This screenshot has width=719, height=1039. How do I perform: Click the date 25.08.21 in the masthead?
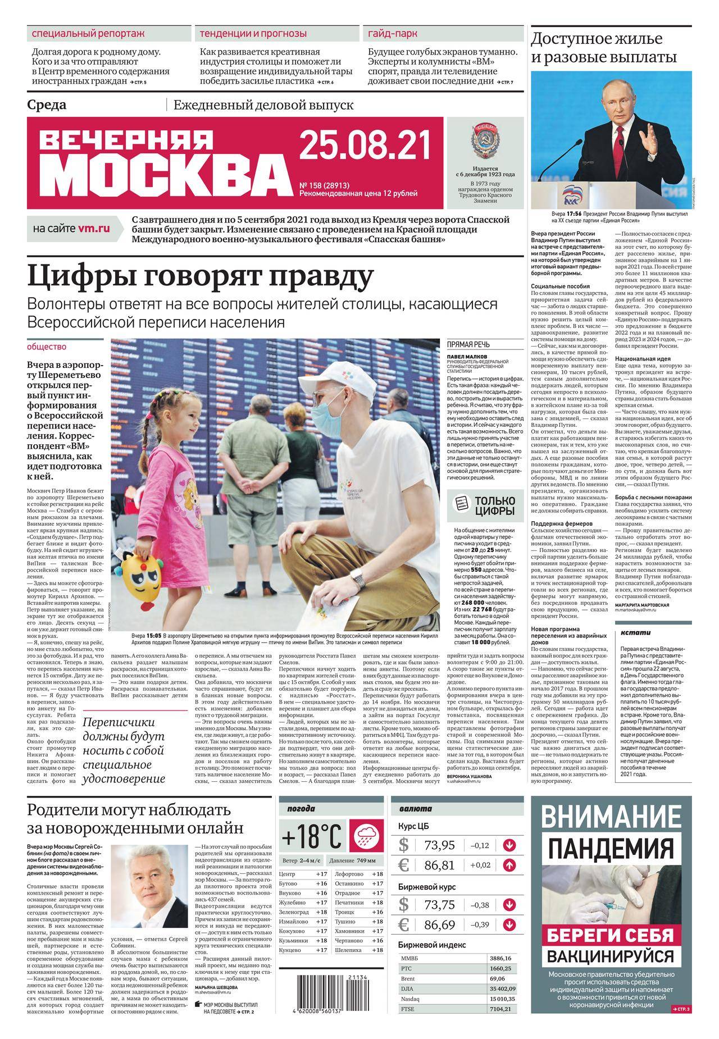point(365,144)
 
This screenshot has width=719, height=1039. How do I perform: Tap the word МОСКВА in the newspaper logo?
point(163,174)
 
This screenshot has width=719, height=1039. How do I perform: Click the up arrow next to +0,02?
point(509,865)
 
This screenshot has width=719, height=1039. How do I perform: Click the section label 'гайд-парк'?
point(393,33)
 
